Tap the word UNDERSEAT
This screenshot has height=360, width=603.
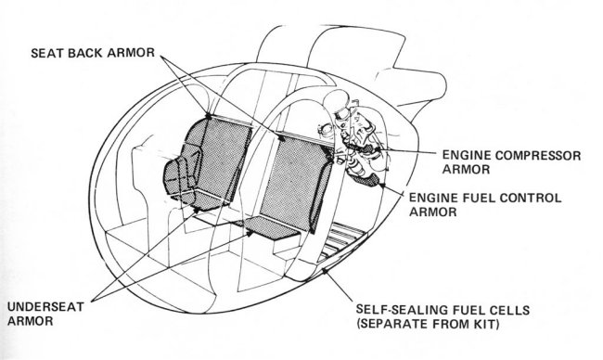tap(45, 306)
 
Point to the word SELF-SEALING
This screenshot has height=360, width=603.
tap(403, 310)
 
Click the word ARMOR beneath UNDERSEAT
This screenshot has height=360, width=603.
tap(31, 321)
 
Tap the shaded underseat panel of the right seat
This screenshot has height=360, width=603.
tap(272, 227)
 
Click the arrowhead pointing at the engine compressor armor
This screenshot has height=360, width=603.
tap(378, 148)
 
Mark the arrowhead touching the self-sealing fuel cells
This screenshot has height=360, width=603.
tap(325, 271)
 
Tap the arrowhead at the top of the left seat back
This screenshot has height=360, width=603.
tap(209, 115)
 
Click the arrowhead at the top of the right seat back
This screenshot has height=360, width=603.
tap(281, 137)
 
